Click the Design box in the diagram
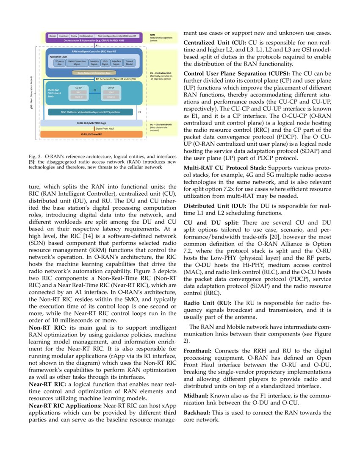click(x=53, y=36)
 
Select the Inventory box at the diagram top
click(x=64, y=36)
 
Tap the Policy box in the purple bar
click(x=74, y=36)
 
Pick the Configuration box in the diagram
click(x=86, y=36)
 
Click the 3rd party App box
click(x=59, y=62)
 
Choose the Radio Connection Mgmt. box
click(x=77, y=62)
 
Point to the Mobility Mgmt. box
click(x=95, y=62)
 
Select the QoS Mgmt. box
click(x=105, y=62)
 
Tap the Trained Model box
click(x=129, y=62)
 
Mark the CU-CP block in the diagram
click(x=78, y=94)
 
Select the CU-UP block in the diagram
click(x=111, y=94)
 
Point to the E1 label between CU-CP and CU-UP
click(x=95, y=90)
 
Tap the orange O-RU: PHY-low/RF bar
click(x=93, y=134)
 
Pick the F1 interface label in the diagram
click(x=140, y=112)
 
